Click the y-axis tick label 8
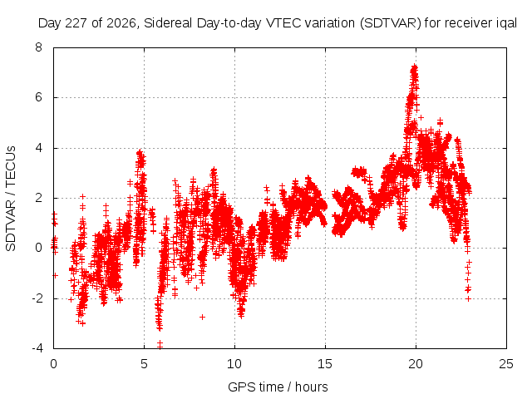tap(38, 47)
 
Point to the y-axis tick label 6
tap(38, 98)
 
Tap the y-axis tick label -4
tap(37, 348)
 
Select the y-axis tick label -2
tap(37, 298)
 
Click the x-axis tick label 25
tap(506, 364)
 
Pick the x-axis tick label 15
tap(325, 364)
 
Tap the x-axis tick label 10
tap(234, 364)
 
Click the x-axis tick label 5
tap(144, 364)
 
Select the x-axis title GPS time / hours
tap(278, 387)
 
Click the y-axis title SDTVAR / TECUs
tap(11, 199)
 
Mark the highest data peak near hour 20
tap(414, 66)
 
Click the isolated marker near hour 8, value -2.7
tap(202, 317)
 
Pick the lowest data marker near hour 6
tap(160, 346)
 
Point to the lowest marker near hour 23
tap(468, 298)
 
